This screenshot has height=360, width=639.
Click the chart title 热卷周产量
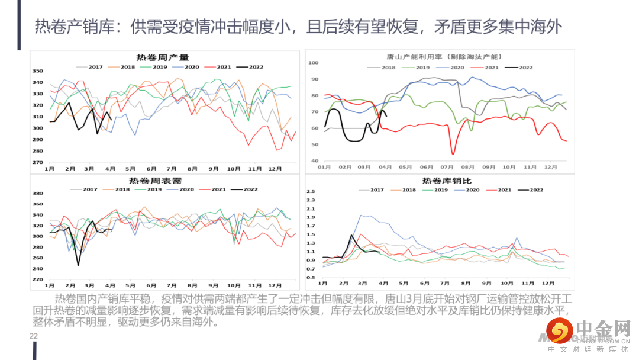(x=162, y=58)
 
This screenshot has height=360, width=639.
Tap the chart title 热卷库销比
(x=447, y=181)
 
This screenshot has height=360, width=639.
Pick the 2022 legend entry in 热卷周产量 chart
(x=251, y=67)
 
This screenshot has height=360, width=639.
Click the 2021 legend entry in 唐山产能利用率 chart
(x=492, y=67)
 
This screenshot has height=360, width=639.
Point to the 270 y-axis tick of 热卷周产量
(x=37, y=162)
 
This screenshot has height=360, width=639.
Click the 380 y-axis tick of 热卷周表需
(x=37, y=194)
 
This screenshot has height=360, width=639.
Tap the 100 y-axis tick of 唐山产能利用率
(x=314, y=62)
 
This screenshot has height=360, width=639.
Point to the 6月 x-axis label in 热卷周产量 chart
(x=151, y=169)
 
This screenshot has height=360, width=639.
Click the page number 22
(x=34, y=336)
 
